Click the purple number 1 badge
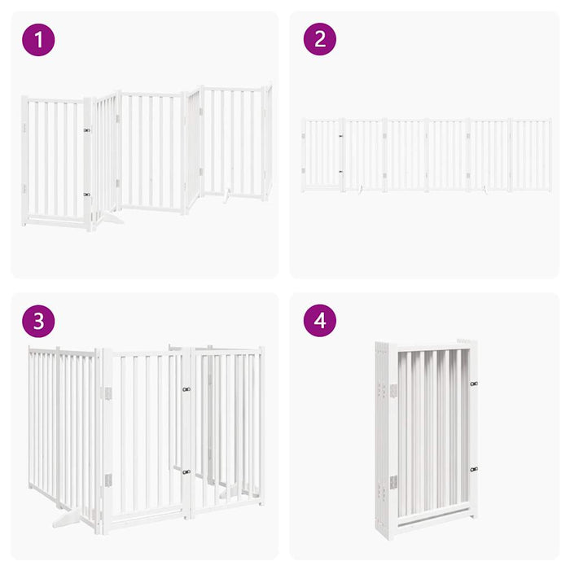[38, 39]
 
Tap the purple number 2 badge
[320, 39]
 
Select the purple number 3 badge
[38, 321]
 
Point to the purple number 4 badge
[320, 321]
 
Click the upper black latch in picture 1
[86, 129]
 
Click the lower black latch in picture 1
[86, 195]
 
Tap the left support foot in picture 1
[109, 217]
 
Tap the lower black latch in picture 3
[186, 471]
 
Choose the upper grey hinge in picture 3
[106, 394]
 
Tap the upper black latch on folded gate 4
[473, 383]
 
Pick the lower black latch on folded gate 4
[473, 469]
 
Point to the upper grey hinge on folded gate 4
[392, 391]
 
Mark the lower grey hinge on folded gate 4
[392, 482]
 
